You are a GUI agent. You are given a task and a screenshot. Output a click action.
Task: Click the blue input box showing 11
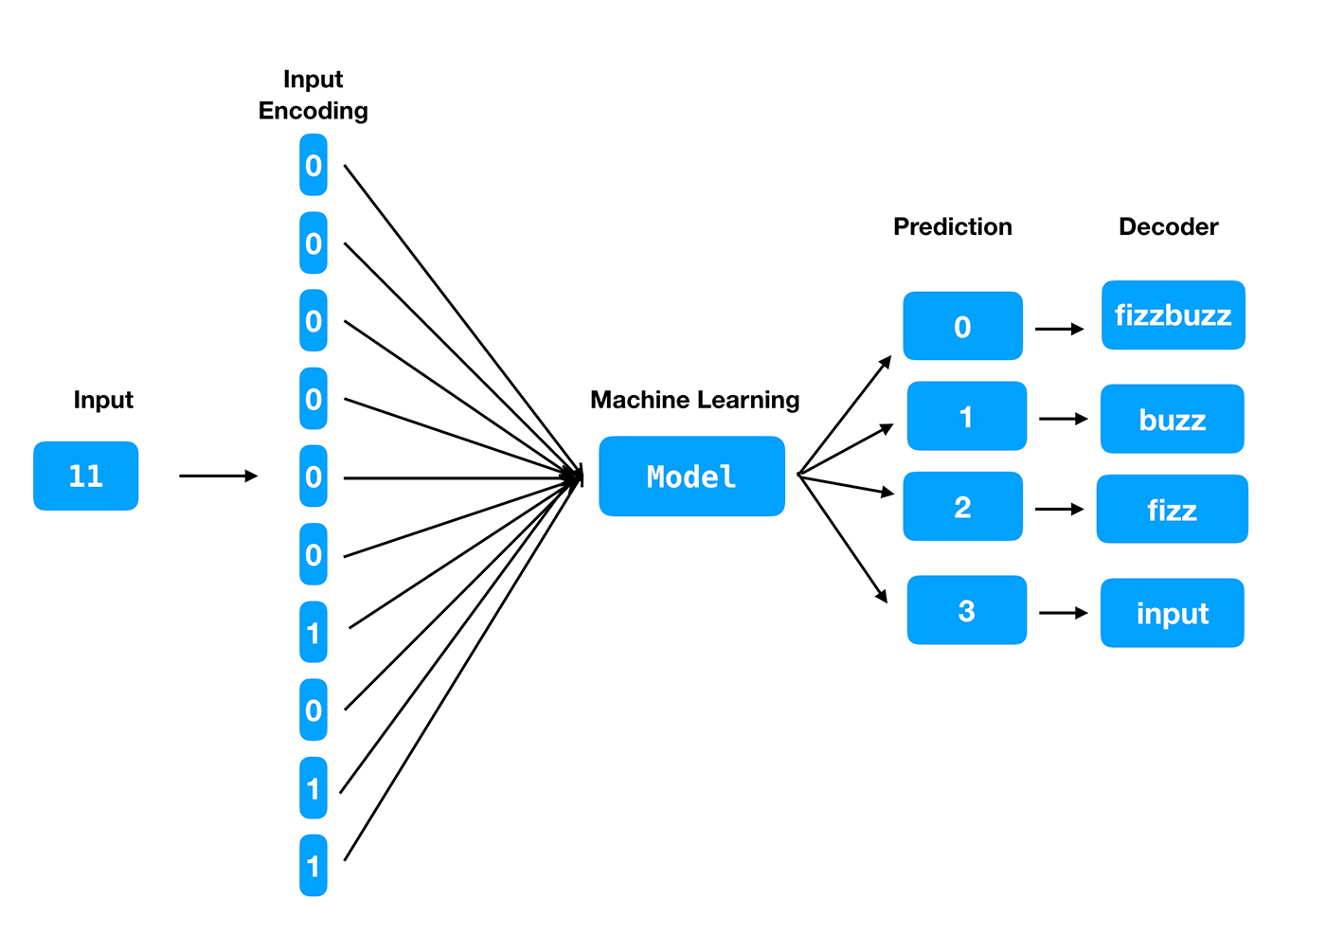click(x=85, y=476)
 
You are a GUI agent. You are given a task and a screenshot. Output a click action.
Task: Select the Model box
click(x=691, y=476)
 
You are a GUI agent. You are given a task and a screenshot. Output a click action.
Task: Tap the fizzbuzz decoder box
click(x=1173, y=315)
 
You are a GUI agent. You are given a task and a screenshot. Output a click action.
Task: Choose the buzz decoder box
click(x=1172, y=419)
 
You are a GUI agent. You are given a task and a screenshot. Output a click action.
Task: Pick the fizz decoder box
click(x=1172, y=510)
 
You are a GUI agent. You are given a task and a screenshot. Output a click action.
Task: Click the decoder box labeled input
click(x=1172, y=613)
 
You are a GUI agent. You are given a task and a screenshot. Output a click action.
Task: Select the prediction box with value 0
click(x=962, y=326)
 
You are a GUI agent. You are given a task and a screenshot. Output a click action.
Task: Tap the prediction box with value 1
click(x=966, y=416)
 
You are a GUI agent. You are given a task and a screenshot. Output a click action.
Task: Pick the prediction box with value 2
click(x=962, y=507)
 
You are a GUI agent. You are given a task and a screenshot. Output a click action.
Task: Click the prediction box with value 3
click(x=966, y=610)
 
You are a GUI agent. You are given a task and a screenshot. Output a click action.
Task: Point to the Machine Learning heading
click(x=694, y=400)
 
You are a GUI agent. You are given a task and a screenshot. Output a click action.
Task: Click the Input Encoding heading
click(x=313, y=95)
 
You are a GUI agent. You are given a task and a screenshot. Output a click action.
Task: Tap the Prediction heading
click(x=952, y=226)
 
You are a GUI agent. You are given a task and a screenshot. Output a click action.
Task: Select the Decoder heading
click(x=1168, y=226)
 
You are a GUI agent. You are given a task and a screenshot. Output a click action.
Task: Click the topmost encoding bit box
click(x=314, y=165)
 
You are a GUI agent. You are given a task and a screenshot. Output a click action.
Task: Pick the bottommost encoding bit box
click(x=314, y=866)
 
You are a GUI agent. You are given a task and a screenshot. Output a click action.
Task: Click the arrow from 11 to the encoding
click(x=218, y=476)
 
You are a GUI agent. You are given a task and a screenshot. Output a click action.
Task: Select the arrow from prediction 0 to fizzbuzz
click(x=1059, y=329)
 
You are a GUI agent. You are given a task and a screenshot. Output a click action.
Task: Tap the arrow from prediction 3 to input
click(x=1063, y=613)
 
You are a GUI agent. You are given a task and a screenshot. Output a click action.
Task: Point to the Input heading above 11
click(x=103, y=400)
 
